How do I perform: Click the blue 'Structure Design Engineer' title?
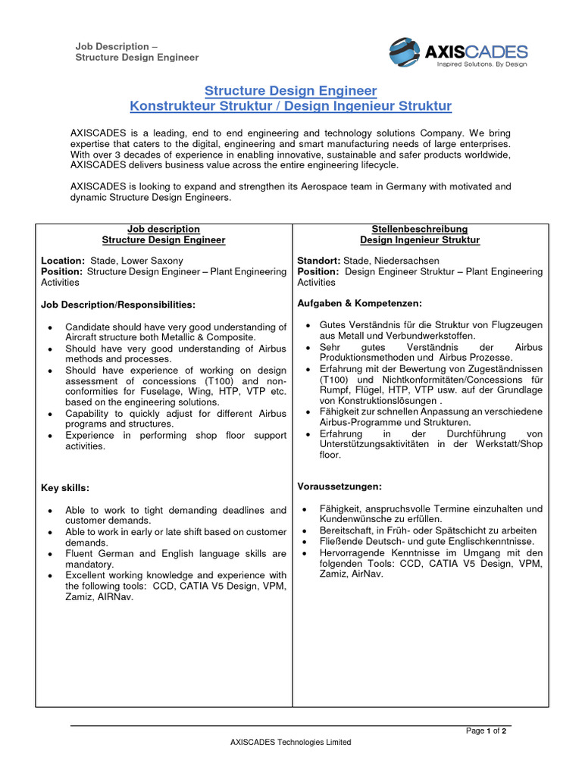tap(290, 91)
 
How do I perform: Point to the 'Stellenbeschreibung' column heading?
tap(419, 229)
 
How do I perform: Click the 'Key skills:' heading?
tap(65, 488)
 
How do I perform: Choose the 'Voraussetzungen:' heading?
tap(339, 486)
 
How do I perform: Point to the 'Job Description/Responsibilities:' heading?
tap(117, 305)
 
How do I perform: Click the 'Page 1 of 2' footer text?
tap(486, 731)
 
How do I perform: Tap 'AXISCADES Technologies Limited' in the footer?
tap(290, 743)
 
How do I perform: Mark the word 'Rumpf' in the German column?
tap(334, 390)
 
